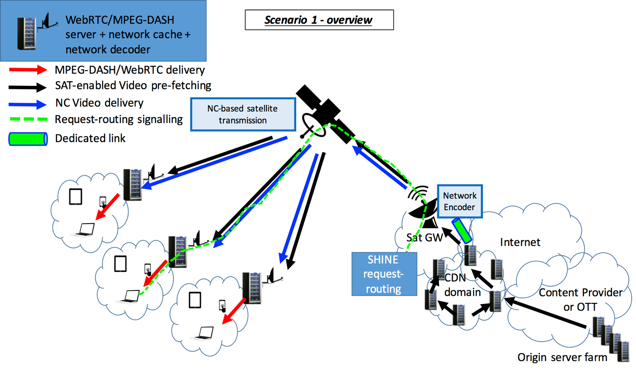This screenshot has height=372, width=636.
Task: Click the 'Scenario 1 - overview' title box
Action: pos(319,20)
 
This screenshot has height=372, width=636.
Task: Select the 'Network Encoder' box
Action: pos(459,201)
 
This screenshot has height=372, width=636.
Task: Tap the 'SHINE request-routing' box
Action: pos(384,274)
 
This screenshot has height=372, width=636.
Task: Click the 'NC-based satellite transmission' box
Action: pos(243,114)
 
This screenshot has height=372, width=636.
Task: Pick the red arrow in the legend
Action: pos(28,70)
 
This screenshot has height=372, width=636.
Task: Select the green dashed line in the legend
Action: pos(29,119)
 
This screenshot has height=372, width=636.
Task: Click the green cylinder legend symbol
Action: pos(28,139)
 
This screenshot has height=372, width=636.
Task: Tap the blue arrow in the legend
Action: pos(28,104)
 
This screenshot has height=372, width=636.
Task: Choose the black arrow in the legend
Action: pos(28,87)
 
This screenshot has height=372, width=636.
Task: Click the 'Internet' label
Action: pos(520,242)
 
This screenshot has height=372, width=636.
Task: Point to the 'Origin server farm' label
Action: pos(562,357)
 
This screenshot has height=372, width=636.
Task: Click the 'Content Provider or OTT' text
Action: pos(580,300)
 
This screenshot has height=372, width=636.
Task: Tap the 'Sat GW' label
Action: pos(424,237)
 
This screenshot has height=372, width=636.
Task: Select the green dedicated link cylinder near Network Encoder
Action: pos(462,231)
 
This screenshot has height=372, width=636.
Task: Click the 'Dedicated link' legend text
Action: pos(90,138)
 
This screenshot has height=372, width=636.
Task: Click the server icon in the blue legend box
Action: pos(26,33)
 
